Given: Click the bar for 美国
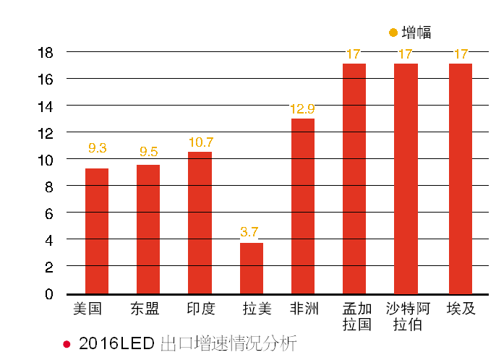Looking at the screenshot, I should pos(97,231).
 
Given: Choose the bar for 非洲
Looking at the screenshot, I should pos(303,205).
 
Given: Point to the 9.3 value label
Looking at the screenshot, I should pos(98,148).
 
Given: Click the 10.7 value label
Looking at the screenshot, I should pos(200,142).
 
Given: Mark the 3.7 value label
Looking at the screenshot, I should pos(250,232).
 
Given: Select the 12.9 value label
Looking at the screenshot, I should pos(302,108).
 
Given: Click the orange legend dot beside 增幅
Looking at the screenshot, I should pos(393,33).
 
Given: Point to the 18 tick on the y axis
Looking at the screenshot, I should pos(46,52).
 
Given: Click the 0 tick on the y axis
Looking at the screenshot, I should pos(49,293).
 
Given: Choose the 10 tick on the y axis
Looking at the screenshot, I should pos(46,160).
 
